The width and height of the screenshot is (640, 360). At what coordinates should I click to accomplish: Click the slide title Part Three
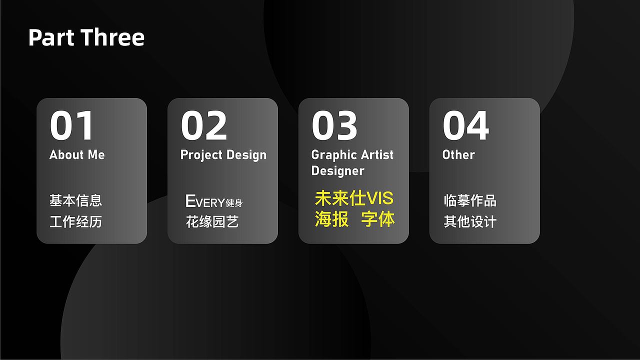pyautogui.click(x=86, y=37)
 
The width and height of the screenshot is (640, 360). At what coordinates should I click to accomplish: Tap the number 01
pyautogui.click(x=72, y=126)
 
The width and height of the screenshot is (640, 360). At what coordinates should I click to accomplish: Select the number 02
pyautogui.click(x=203, y=126)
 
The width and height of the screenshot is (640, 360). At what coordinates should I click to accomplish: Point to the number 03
pyautogui.click(x=334, y=126)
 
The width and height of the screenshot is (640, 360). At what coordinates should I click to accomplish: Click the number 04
pyautogui.click(x=465, y=126)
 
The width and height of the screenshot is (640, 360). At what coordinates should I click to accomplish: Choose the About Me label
pyautogui.click(x=77, y=155)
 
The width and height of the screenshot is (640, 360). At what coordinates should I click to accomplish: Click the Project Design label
pyautogui.click(x=223, y=155)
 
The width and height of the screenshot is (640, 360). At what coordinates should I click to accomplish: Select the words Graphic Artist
pyautogui.click(x=352, y=155)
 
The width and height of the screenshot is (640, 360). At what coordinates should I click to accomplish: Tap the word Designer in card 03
pyautogui.click(x=337, y=171)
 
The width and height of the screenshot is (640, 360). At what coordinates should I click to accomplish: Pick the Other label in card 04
pyautogui.click(x=458, y=155)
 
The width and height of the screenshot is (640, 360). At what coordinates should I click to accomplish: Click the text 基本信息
pyautogui.click(x=75, y=200)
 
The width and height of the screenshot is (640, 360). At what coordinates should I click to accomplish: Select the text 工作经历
pyautogui.click(x=75, y=221)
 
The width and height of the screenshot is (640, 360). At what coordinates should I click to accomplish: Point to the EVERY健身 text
pyautogui.click(x=214, y=201)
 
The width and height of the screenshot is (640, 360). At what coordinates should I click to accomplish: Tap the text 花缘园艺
pyautogui.click(x=212, y=221)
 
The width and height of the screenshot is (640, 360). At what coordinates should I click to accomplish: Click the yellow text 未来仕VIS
pyautogui.click(x=354, y=198)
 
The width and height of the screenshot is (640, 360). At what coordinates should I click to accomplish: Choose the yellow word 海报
pyautogui.click(x=331, y=219)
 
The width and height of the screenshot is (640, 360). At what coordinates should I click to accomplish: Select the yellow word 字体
pyautogui.click(x=378, y=219)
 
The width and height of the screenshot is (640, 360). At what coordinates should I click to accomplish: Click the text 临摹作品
pyautogui.click(x=470, y=200)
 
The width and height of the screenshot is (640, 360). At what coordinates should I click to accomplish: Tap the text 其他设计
pyautogui.click(x=470, y=221)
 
